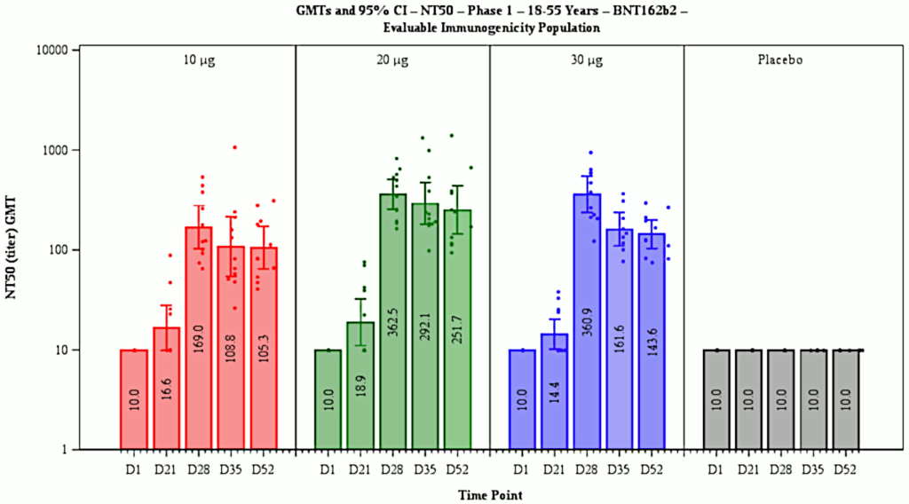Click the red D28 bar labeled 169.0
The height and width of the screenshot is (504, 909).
199,337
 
